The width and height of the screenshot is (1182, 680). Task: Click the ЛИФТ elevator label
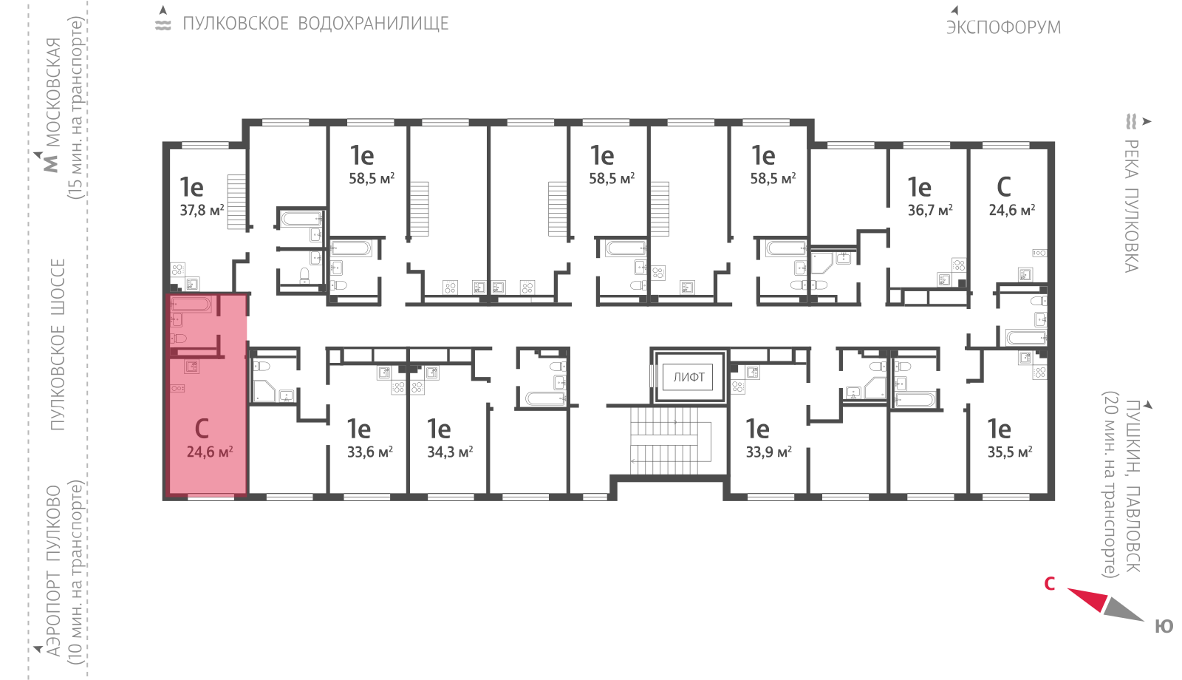tap(689, 377)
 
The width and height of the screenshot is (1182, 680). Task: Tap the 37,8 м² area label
tap(202, 210)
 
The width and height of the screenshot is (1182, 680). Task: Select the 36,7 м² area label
tap(930, 210)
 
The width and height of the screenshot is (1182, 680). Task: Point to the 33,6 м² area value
tap(370, 452)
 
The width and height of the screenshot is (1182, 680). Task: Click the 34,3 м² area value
tap(450, 452)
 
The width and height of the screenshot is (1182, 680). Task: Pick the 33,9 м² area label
tap(769, 452)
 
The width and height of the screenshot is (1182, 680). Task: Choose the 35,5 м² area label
tap(1010, 452)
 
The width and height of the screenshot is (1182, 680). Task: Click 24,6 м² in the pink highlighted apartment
tap(210, 452)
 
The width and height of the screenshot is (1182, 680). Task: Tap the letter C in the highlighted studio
tap(202, 429)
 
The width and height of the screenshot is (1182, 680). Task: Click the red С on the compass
tap(1050, 584)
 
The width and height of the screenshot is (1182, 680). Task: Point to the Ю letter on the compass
tap(1164, 626)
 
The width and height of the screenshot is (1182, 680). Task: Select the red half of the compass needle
tap(1087, 600)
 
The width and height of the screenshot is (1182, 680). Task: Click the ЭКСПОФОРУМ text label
tap(1003, 27)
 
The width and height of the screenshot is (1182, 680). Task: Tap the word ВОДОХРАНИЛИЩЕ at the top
tap(374, 24)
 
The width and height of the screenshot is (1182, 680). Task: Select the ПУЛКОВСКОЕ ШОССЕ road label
tap(58, 344)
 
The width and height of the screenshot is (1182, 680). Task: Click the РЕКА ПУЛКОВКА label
tap(1132, 206)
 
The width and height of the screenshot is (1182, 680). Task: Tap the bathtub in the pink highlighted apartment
tap(191, 304)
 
